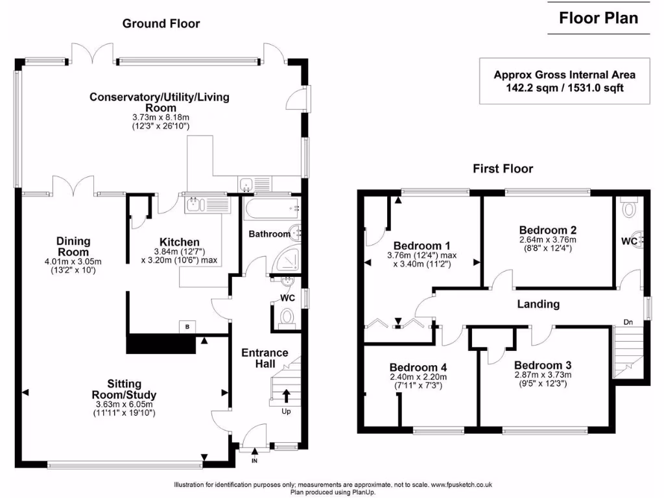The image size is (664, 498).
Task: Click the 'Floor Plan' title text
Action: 599,18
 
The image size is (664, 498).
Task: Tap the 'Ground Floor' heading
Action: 161,24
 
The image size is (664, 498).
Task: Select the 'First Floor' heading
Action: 503,169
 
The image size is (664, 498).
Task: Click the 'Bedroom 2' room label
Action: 548,230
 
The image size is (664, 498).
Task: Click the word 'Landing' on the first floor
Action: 538,303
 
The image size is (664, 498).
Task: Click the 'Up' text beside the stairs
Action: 286,411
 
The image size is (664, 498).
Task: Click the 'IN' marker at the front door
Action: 254,460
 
